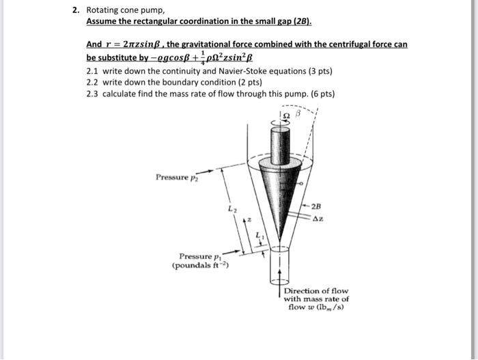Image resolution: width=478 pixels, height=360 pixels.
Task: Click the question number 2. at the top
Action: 76,10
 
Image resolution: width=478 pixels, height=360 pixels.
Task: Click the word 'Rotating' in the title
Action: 103,10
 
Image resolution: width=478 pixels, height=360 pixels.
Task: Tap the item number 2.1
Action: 94,70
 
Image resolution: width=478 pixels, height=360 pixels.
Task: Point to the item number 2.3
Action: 94,94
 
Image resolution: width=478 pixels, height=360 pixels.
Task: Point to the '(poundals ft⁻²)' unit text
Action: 200,266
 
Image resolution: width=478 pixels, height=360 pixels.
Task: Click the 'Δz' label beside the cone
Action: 318,219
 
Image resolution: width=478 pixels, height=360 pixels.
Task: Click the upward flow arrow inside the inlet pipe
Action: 280,271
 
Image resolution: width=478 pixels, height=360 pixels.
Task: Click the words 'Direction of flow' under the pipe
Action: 315,291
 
